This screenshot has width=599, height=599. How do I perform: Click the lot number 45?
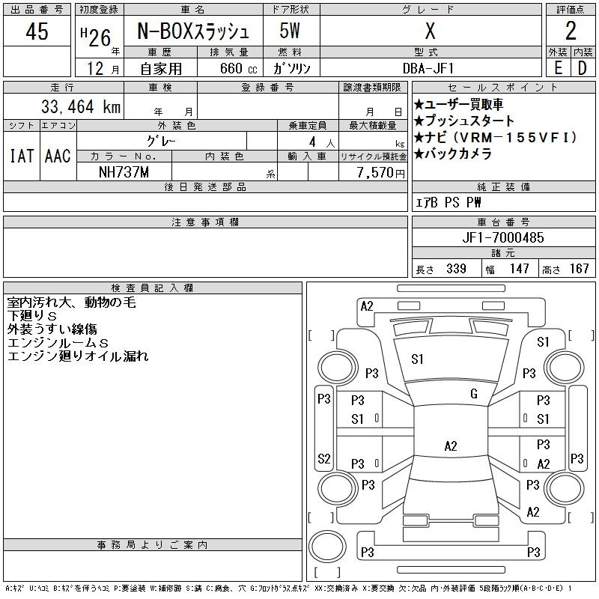coord(37,31)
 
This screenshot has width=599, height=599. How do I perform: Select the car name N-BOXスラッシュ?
coord(193,31)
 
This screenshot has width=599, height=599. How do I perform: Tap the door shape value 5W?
coord(290,31)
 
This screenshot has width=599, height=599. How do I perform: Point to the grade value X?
coord(430,31)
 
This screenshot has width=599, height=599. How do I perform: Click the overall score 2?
coord(571,31)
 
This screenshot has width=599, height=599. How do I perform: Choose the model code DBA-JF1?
coord(428,68)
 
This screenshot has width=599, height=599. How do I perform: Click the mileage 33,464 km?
coord(81,106)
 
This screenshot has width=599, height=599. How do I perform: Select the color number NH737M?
coord(124,172)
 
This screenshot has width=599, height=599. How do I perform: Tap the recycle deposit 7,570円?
coord(381,173)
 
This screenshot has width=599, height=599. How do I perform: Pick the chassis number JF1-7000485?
coord(502,237)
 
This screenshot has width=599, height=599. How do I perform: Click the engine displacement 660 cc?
coord(238,68)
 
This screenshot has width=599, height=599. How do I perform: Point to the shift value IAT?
coord(22,156)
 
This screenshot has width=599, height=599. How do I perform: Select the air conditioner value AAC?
coord(58,156)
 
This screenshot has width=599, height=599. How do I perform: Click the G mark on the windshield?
coord(474,394)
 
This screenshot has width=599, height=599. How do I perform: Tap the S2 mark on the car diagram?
coord(323,458)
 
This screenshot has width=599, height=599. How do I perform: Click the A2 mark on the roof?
coord(451,446)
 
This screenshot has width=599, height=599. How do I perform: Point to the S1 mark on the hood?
coord(417,359)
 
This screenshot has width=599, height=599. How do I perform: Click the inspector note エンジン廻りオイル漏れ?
coord(78,356)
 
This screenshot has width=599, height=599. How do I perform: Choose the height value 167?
coord(579,269)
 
